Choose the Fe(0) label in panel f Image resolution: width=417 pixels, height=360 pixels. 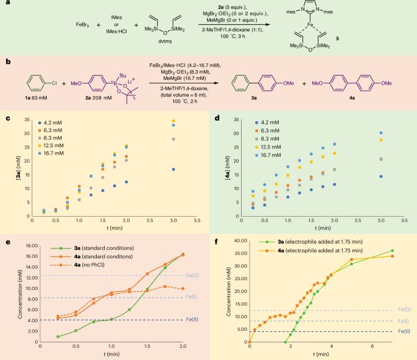pyautogui.click(x=402, y=310)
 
